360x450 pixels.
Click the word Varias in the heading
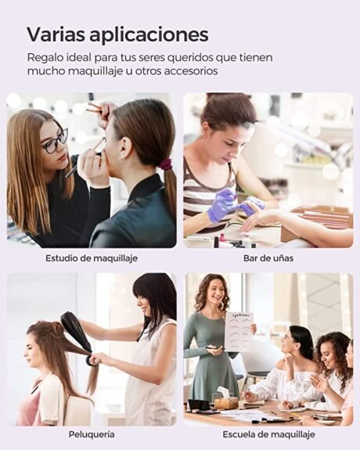coord(56,34)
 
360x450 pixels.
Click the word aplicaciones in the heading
coord(149,35)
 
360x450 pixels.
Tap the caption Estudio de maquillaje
coord(92,258)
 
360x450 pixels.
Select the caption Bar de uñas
coord(268,258)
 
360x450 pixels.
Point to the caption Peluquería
coord(92,434)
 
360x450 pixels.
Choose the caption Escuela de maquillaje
coord(268,434)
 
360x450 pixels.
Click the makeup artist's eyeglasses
coord(56,142)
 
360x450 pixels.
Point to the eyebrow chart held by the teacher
coord(238,332)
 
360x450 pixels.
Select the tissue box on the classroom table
coord(226,398)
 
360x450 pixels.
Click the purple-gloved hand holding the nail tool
coord(222,203)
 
